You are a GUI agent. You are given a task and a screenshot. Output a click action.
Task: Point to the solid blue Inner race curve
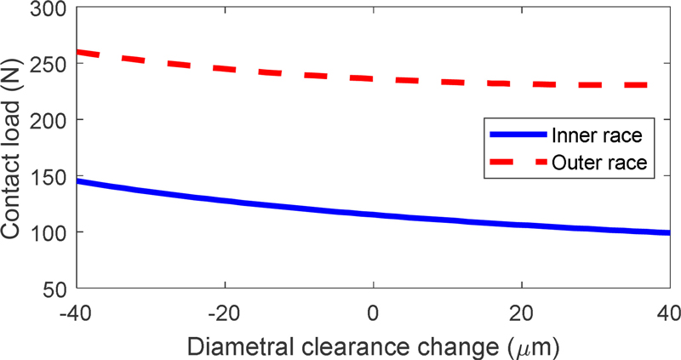pos(373,214)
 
